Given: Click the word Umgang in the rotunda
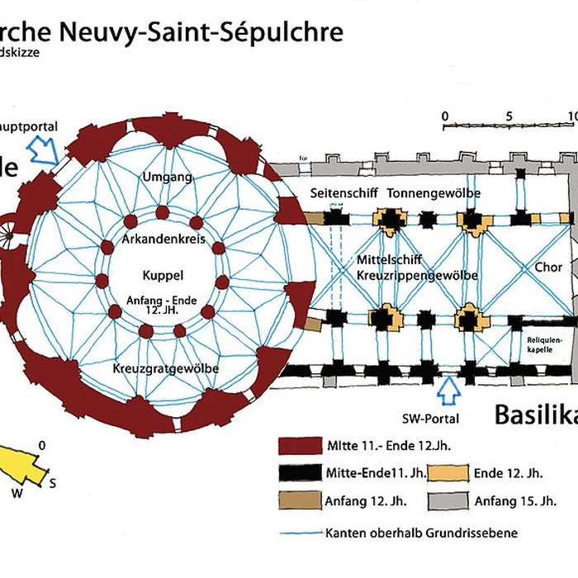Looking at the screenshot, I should pyautogui.click(x=167, y=178).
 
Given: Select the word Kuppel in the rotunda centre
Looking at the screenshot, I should pyautogui.click(x=162, y=276).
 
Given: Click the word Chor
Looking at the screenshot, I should pyautogui.click(x=548, y=268).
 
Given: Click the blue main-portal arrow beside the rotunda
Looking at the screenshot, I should pyautogui.click(x=42, y=151).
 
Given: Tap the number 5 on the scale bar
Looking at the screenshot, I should pyautogui.click(x=509, y=115).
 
